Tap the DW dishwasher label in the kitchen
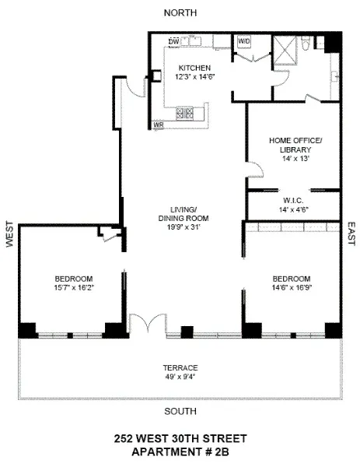coord(174,41)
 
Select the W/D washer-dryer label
coord(243,40)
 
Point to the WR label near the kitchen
coord(158,125)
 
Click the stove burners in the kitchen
coord(187,113)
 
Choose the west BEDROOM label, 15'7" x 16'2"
coord(74,279)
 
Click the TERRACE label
coord(180,367)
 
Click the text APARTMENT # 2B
coord(180,451)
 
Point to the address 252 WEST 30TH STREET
coord(180,438)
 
